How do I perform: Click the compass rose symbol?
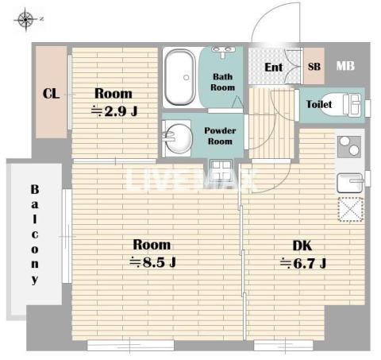click(x=25, y=20)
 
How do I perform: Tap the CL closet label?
click(x=51, y=94)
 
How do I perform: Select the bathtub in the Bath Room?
click(x=179, y=77)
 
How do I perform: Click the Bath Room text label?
click(x=222, y=82)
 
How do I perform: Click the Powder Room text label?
click(x=220, y=136)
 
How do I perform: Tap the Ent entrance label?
click(x=274, y=68)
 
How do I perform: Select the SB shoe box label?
click(x=314, y=67)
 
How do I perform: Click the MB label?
click(x=345, y=66)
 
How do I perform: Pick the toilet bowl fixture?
click(x=343, y=104)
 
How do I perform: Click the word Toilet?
click(x=319, y=104)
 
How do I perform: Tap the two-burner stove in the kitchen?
click(x=349, y=146)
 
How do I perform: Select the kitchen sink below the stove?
click(x=350, y=183)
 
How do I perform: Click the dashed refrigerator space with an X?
click(x=351, y=209)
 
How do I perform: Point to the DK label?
click(x=302, y=246)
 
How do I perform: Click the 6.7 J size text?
click(x=303, y=263)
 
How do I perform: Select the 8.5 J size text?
click(x=152, y=262)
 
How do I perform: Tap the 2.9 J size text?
click(x=114, y=111)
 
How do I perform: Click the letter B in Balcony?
click(x=35, y=189)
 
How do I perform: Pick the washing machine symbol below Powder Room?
click(x=221, y=168)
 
